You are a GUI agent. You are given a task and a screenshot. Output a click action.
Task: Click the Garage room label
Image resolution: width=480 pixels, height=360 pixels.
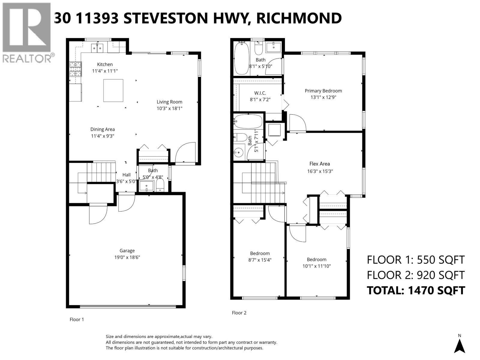(127, 250)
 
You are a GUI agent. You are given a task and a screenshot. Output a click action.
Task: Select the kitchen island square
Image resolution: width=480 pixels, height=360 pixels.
(113, 90)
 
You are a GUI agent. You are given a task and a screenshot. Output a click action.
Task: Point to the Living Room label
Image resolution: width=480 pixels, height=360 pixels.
(169, 102)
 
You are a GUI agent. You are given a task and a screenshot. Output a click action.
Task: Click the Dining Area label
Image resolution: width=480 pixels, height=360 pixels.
(103, 129)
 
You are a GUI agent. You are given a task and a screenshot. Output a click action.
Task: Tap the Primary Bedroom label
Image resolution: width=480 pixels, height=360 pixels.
(323, 91)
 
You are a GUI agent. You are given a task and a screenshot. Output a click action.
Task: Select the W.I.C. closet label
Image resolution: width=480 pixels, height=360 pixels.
(260, 93)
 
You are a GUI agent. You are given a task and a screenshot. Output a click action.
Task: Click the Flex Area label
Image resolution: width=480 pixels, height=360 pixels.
(319, 163)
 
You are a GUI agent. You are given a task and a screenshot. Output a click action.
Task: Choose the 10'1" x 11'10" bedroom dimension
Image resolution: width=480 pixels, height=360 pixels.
(316, 266)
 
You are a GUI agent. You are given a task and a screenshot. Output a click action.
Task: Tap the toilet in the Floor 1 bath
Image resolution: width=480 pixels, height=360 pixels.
(160, 186)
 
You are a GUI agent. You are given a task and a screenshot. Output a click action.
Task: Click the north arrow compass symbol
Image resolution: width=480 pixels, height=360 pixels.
(459, 346)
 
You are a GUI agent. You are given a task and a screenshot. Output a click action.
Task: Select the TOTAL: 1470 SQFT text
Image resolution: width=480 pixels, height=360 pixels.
(416, 290)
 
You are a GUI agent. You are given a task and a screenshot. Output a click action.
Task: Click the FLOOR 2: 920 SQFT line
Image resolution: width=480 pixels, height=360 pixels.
(416, 275)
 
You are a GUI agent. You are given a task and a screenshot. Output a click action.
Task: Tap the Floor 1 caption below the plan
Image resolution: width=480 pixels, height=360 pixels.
(77, 319)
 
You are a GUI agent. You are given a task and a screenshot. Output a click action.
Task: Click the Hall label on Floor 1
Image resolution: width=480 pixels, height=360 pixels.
(126, 175)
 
